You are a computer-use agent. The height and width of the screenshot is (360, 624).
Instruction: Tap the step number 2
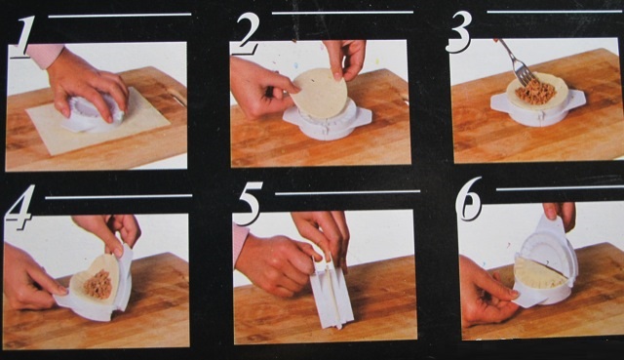click(x=247, y=33)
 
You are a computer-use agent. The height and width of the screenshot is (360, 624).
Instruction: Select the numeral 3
click(x=459, y=32)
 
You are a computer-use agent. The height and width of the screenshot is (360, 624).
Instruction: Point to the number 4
click(x=19, y=208)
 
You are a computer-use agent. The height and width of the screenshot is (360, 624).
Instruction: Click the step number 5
click(x=250, y=203)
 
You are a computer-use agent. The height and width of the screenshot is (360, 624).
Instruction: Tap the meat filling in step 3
click(x=535, y=92)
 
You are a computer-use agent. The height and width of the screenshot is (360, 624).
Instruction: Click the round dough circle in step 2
click(x=319, y=94)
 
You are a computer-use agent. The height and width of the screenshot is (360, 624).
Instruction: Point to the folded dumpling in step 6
click(x=540, y=274)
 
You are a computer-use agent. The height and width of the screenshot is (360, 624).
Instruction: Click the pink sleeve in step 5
click(x=240, y=243)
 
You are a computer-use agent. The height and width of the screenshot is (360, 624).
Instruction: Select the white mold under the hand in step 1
click(x=95, y=114)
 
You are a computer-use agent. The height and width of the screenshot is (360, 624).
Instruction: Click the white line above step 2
click(x=342, y=13)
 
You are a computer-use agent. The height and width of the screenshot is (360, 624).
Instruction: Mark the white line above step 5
click(x=347, y=193)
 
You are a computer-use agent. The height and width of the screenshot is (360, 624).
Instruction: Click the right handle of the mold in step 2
click(x=362, y=117)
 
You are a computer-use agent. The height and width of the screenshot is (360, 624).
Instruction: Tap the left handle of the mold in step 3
click(x=499, y=102)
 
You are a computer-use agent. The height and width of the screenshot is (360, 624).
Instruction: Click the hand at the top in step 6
click(x=562, y=214)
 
